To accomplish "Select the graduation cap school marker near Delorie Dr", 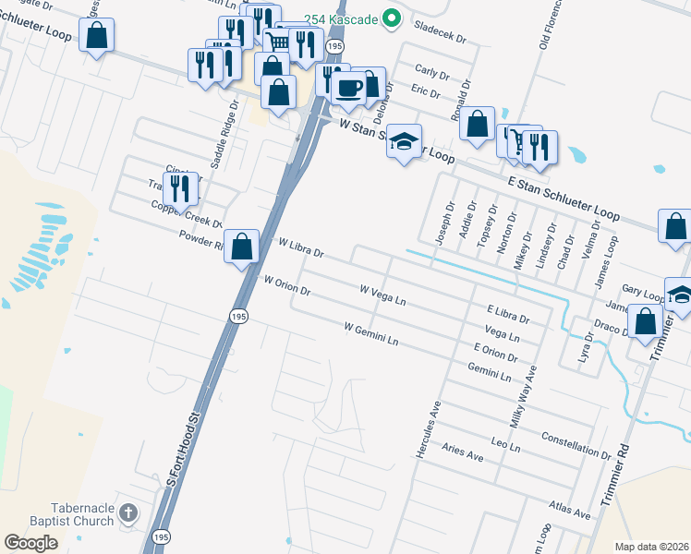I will coord(404,142).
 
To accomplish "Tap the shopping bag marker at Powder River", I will coord(241,247).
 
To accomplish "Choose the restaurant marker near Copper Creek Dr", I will coord(181,189).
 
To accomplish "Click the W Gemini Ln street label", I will coord(370,334).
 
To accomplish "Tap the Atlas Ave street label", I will coord(568,509).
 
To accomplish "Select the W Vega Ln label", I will coord(382,295).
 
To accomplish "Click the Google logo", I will coord(31,542).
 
